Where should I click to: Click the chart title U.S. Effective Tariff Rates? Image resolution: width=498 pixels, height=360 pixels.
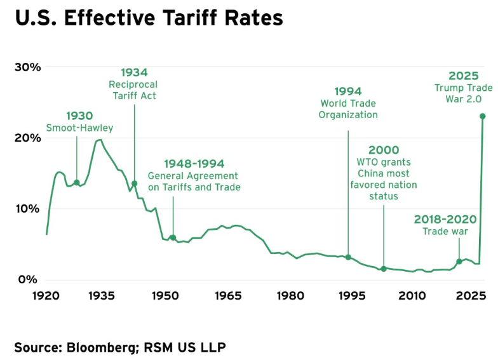(x=149, y=18)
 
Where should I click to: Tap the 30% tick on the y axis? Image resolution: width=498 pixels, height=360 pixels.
(x=27, y=67)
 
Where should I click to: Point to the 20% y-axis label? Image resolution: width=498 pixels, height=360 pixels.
(x=27, y=138)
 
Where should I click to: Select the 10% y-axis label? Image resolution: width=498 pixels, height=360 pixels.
(x=27, y=208)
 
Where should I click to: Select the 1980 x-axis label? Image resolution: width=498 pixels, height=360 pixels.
(x=290, y=297)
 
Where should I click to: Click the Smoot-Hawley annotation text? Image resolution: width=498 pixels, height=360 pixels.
(x=79, y=128)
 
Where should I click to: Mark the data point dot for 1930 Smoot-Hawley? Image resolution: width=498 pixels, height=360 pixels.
(x=77, y=183)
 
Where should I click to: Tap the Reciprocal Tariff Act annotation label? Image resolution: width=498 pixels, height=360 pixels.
(x=133, y=90)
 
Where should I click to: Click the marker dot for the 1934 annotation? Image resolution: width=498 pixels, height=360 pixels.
(x=134, y=183)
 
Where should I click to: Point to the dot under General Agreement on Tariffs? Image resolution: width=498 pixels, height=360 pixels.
(x=173, y=237)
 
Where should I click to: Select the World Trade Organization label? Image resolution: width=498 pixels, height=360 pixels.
(x=348, y=109)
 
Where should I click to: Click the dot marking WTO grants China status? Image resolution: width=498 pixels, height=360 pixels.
(x=384, y=269)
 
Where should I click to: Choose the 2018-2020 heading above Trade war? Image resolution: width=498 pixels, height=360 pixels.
(x=445, y=219)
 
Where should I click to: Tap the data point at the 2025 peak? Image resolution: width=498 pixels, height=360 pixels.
(x=483, y=116)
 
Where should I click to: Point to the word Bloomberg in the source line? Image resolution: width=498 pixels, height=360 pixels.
(x=98, y=347)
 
